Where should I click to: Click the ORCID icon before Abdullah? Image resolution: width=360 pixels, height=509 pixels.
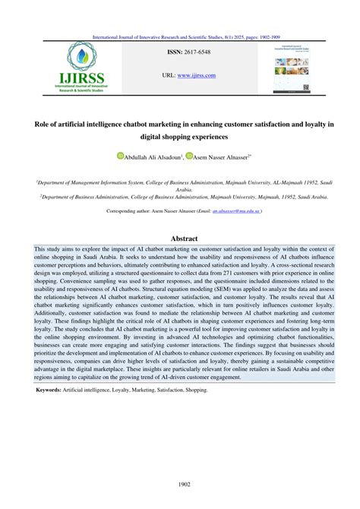tap(120, 156)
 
